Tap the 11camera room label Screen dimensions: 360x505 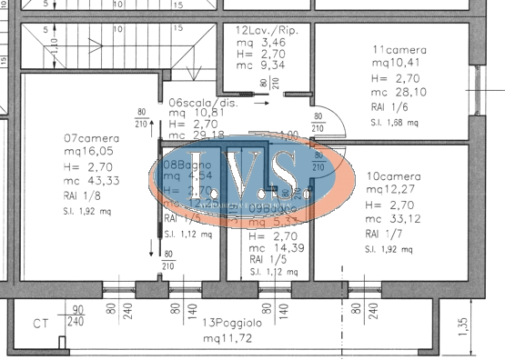coord(398,49)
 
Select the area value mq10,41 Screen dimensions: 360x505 coord(395,63)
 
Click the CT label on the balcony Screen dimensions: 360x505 coord(41,324)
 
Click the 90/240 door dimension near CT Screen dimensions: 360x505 coord(76,315)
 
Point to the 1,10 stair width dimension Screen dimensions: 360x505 coord(55,43)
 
